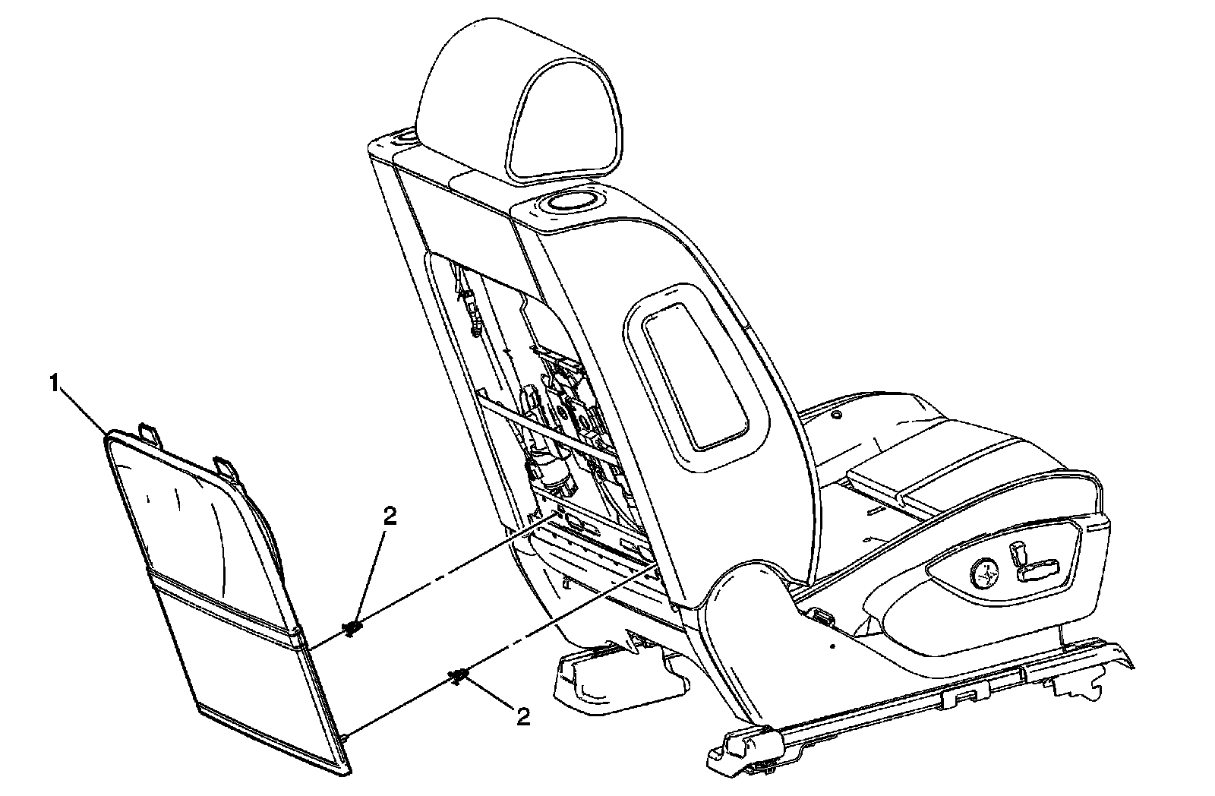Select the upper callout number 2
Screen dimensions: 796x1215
[x=390, y=516]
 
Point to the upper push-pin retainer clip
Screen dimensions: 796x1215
[x=352, y=627]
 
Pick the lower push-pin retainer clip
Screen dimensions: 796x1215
[x=458, y=675]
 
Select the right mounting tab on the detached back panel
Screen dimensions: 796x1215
[x=226, y=466]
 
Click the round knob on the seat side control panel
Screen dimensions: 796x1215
[x=985, y=570]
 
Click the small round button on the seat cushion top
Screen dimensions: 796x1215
[x=835, y=415]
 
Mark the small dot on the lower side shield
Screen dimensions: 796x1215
[x=833, y=646]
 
